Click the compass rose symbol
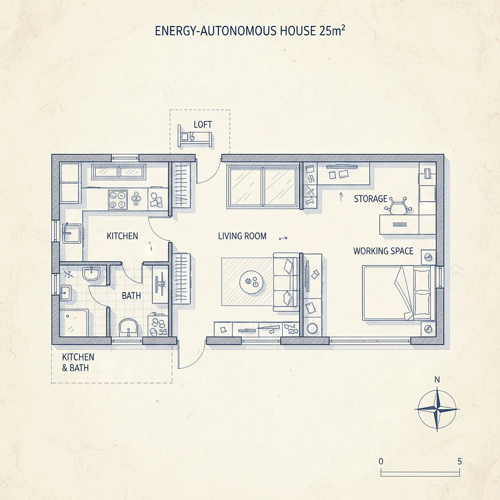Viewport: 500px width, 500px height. [x=437, y=409]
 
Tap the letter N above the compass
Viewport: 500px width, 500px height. [x=437, y=379]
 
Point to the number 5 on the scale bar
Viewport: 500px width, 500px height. [x=459, y=461]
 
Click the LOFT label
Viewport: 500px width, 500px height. [x=203, y=125]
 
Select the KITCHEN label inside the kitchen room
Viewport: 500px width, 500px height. [x=123, y=236]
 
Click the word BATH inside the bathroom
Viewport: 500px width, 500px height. [x=131, y=295]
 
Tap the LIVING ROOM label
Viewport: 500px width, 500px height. [x=242, y=236]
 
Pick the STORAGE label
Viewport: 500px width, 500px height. [x=371, y=199]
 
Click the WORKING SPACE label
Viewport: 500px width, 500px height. [x=383, y=251]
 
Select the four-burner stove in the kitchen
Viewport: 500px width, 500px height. [x=118, y=200]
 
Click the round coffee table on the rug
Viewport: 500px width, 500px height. [x=251, y=282]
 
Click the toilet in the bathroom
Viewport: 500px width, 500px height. [x=128, y=327]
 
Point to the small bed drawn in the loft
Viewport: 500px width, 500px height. [x=195, y=137]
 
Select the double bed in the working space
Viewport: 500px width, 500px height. [x=399, y=293]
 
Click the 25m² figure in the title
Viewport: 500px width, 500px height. [x=332, y=30]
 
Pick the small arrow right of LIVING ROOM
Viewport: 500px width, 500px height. [x=283, y=238]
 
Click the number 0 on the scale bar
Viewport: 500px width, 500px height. [x=381, y=461]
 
